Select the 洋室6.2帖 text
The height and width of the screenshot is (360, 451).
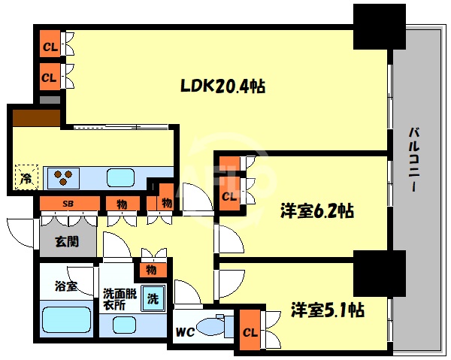[x=316, y=213]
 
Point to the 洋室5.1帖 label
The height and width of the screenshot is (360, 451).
[x=328, y=309]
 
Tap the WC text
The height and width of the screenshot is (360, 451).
[x=186, y=331]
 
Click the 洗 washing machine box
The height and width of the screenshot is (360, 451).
[x=153, y=298]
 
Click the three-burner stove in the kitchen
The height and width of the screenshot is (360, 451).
[x=63, y=178]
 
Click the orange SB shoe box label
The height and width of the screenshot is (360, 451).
[x=68, y=204]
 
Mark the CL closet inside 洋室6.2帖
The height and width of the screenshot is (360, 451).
[x=229, y=197]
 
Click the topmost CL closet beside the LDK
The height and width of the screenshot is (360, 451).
[x=50, y=47]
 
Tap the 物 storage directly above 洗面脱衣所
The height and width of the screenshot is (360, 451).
[x=151, y=269]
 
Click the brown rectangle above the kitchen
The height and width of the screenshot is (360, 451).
[x=35, y=118]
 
